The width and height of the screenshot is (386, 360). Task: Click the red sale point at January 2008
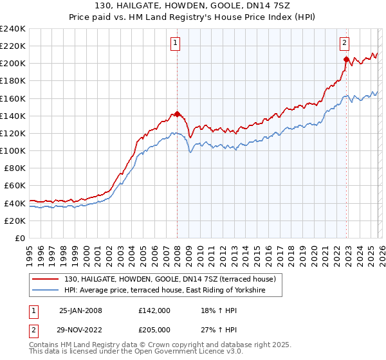click(177, 114)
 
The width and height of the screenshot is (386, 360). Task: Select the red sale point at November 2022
click(346, 60)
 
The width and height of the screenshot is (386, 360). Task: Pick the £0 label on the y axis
click(19, 238)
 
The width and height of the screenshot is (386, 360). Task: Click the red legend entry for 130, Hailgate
click(170, 279)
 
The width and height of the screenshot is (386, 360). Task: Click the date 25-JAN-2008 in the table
click(80, 310)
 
